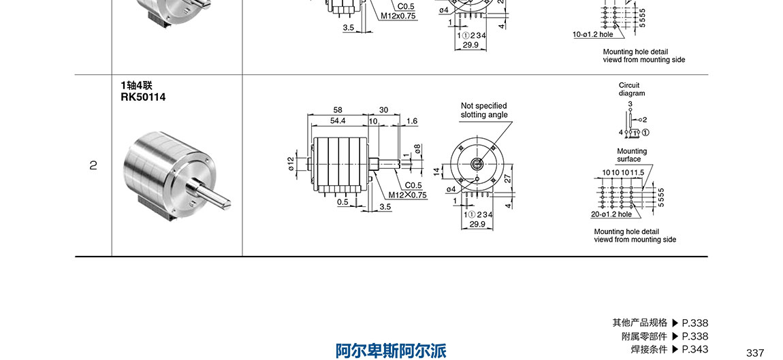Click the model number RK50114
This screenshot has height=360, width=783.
[142, 97]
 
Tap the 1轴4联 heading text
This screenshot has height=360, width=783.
[136, 86]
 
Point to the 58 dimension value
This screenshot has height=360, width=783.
[338, 110]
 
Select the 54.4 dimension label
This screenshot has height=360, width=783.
[338, 120]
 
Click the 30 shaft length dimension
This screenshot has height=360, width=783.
[383, 110]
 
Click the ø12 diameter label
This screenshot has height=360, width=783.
[291, 164]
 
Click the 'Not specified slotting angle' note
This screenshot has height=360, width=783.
[483, 110]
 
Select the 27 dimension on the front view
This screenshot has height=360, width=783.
[507, 178]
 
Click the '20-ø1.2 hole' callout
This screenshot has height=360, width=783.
[611, 214]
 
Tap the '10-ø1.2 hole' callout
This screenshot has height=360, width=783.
[592, 34]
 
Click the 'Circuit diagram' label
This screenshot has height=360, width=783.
[631, 89]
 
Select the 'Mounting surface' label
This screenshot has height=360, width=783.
[631, 155]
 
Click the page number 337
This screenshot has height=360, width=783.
[755, 353]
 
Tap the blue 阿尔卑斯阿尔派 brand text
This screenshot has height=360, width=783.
[391, 350]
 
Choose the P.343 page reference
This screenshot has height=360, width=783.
[694, 349]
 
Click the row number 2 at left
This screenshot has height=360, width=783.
[93, 165]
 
